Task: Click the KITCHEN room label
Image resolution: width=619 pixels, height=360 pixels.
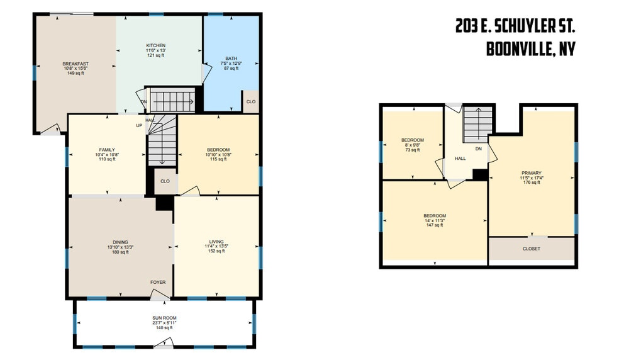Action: pyautogui.click(x=155, y=45)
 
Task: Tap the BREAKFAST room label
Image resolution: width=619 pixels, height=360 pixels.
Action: pyautogui.click(x=75, y=64)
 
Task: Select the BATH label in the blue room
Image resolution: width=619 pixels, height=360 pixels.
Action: pyautogui.click(x=231, y=59)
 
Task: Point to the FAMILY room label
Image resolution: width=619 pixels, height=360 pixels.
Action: pyautogui.click(x=107, y=150)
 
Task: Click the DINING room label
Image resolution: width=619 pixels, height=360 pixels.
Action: pyautogui.click(x=120, y=242)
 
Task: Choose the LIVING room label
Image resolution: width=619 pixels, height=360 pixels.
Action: pyautogui.click(x=216, y=242)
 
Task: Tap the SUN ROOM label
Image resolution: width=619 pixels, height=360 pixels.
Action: pyautogui.click(x=165, y=318)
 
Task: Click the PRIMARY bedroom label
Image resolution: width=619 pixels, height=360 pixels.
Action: pyautogui.click(x=532, y=173)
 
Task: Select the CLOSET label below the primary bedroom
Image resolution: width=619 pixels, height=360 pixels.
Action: pyautogui.click(x=532, y=249)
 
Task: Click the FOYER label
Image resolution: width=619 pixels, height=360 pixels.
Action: pyautogui.click(x=158, y=282)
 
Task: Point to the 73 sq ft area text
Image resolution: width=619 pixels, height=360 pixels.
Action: pyautogui.click(x=413, y=150)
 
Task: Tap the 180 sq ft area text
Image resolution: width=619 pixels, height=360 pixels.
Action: pyautogui.click(x=120, y=252)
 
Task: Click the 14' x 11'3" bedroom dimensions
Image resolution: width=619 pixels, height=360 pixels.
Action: pyautogui.click(x=435, y=220)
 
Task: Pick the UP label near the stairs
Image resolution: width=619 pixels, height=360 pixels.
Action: pyautogui.click(x=139, y=126)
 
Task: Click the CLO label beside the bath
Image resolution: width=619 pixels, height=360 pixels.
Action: pyautogui.click(x=250, y=101)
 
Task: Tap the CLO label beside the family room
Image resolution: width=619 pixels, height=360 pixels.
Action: pyautogui.click(x=165, y=181)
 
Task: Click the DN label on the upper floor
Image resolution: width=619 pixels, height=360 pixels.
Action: pyautogui.click(x=479, y=149)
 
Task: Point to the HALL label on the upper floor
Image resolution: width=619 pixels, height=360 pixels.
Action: pyautogui.click(x=460, y=159)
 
